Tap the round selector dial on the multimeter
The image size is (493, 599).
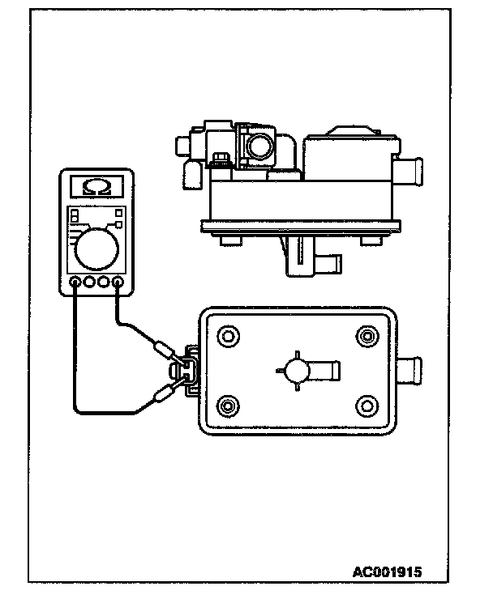coord(96,248)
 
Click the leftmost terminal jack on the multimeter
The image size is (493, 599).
coord(75,283)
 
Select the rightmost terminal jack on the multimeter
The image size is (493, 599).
coord(118,283)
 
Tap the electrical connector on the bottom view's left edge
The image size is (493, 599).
coord(189,372)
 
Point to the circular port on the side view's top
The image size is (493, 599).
coord(261,147)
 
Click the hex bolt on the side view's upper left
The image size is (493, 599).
coord(218,155)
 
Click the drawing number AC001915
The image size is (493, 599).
coord(387,571)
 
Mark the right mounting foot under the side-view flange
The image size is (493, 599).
coord(374,240)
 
